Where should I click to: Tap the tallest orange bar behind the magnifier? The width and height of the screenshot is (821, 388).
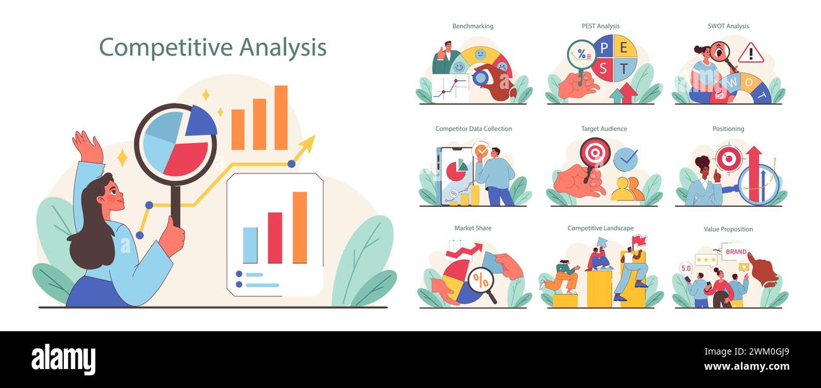pyautogui.click(x=281, y=117)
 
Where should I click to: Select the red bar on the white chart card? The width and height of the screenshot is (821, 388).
pyautogui.click(x=275, y=237)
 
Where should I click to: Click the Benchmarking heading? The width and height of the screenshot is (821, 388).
pyautogui.click(x=472, y=26)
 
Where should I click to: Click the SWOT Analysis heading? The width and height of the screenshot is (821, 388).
pyautogui.click(x=728, y=26)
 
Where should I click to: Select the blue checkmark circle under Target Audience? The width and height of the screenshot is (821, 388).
pyautogui.click(x=625, y=160)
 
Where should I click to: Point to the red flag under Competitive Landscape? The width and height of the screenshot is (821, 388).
pyautogui.click(x=640, y=240)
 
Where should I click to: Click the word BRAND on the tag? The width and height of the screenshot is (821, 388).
pyautogui.click(x=736, y=252)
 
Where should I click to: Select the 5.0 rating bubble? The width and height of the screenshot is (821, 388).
pyautogui.click(x=686, y=268)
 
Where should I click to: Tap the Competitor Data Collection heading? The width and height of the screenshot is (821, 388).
pyautogui.click(x=474, y=129)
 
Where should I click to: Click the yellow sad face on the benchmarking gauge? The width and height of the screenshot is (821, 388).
pyautogui.click(x=481, y=55)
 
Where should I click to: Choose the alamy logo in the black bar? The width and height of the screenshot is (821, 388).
pyautogui.click(x=63, y=360)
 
